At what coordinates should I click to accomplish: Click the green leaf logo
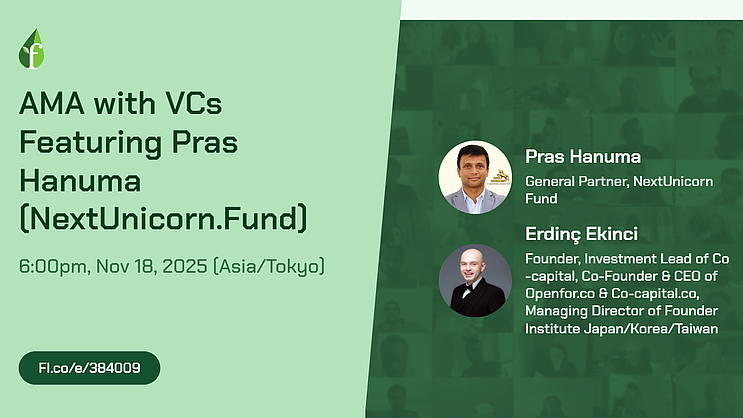click(x=31, y=49)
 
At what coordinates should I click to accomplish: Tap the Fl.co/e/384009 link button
click(x=90, y=368)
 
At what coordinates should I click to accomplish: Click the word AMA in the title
click(x=52, y=103)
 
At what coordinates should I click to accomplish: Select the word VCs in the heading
click(x=193, y=103)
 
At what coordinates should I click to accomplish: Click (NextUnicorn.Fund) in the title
click(x=163, y=218)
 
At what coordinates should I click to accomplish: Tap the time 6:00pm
click(x=53, y=266)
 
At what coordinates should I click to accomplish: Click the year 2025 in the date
click(x=185, y=266)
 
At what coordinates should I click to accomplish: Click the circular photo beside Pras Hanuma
click(x=475, y=177)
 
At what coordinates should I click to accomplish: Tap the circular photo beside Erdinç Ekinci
click(x=475, y=281)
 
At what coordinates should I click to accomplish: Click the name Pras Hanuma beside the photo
click(x=583, y=156)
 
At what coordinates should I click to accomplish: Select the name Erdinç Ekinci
click(x=581, y=234)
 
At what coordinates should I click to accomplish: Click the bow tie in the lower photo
click(x=468, y=288)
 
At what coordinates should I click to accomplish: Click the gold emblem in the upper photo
click(x=500, y=177)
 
